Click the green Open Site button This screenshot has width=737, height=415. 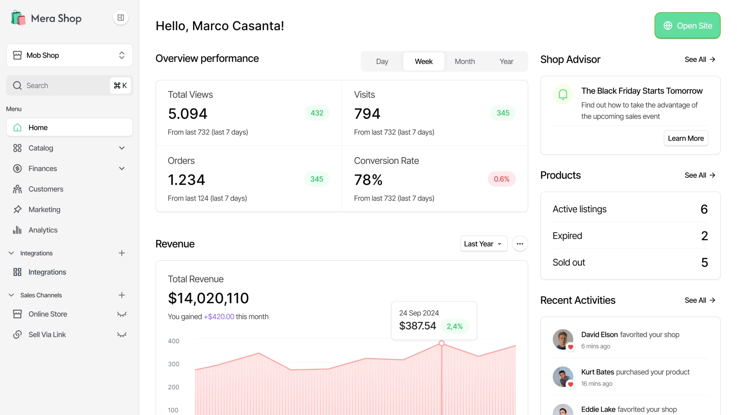coord(687,26)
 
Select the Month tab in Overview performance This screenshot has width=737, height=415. coord(464,61)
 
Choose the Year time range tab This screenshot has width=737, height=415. coord(506,61)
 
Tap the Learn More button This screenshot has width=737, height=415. coord(686,138)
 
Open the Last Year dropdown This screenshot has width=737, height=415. coord(483,244)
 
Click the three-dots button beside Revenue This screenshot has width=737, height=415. coord(520,244)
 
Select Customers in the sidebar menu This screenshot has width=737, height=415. coord(46,189)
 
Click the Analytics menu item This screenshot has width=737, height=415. coord(43,230)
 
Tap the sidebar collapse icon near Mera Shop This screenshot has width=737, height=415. coord(121,18)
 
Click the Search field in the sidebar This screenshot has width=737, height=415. coord(61,86)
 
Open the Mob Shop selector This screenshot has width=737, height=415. coord(69,55)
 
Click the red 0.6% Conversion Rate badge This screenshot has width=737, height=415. coord(501,179)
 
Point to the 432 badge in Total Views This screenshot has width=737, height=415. coord(317,113)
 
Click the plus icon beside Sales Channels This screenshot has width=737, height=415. coord(122,295)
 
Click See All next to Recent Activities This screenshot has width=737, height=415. coord(700,300)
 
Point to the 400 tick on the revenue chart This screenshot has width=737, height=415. coord(174,341)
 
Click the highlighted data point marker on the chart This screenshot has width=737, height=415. coord(441,343)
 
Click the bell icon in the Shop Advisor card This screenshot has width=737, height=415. coord(563,94)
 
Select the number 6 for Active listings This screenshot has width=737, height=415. coord(704,209)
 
